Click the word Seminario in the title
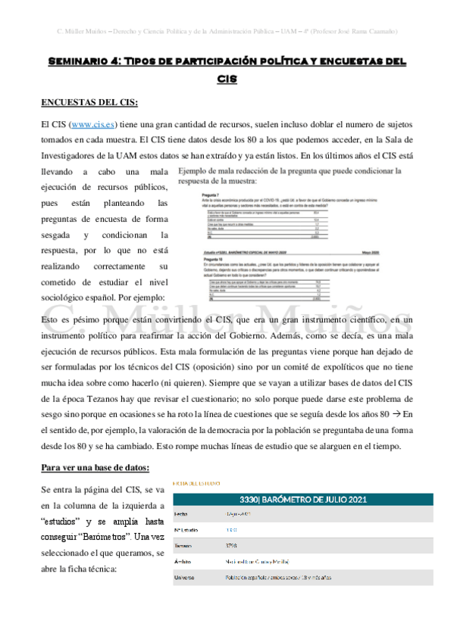tap(81, 60)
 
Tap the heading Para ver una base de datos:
tap(90, 467)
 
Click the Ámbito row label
tap(183, 561)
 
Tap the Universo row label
tap(186, 578)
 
